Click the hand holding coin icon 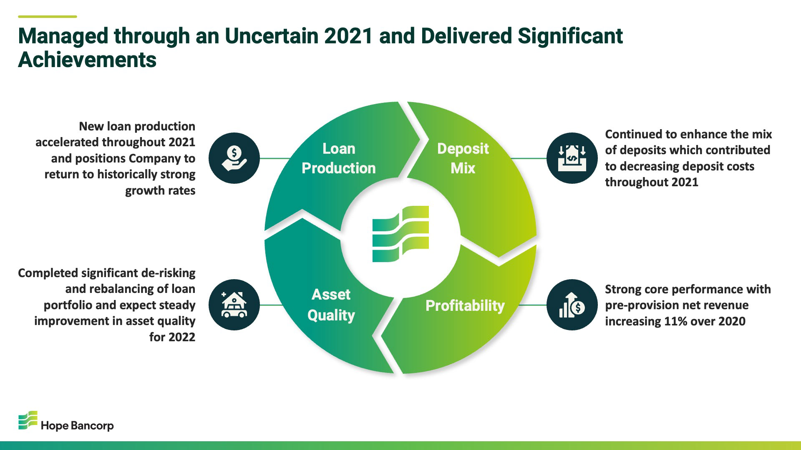(234, 158)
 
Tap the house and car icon (234, 305)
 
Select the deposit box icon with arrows (572, 158)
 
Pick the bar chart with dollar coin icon (572, 305)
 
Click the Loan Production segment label (338, 158)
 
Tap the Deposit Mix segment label (463, 158)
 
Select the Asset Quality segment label (331, 305)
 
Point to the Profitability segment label (465, 306)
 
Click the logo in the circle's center (400, 234)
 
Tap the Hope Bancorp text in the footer (77, 426)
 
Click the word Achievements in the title (87, 60)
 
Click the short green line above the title (48, 17)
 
